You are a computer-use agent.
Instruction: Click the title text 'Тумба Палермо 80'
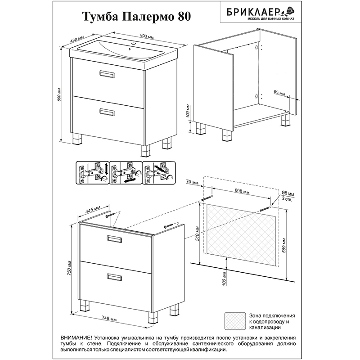click(136, 17)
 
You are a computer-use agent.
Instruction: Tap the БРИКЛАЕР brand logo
click(261, 13)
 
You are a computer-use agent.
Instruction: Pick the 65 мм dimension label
click(279, 93)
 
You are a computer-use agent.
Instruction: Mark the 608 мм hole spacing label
click(242, 191)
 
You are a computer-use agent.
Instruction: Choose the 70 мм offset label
click(192, 183)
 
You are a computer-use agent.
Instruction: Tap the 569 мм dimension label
click(284, 246)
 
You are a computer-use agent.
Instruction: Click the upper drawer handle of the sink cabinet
click(107, 74)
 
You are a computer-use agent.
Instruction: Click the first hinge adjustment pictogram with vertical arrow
click(92, 173)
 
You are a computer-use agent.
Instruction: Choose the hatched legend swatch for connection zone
click(234, 321)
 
